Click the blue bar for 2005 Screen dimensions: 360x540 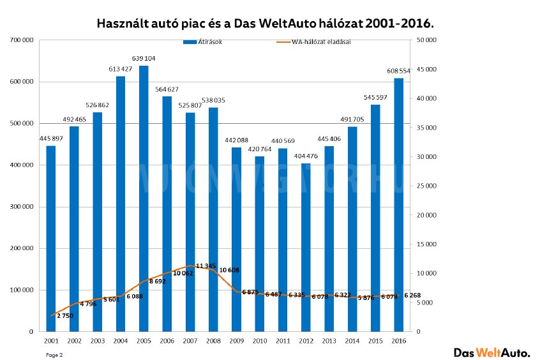tap(144, 199)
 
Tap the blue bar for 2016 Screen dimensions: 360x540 tap(398, 204)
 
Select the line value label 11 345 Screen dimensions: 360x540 tap(206, 266)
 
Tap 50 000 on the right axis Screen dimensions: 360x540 tap(426, 40)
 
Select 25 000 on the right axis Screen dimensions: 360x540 tap(426, 186)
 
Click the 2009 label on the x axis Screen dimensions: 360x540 tap(236, 341)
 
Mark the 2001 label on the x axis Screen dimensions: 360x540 tap(51, 341)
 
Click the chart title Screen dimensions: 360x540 tap(265, 24)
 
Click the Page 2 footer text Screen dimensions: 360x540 tap(54, 353)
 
